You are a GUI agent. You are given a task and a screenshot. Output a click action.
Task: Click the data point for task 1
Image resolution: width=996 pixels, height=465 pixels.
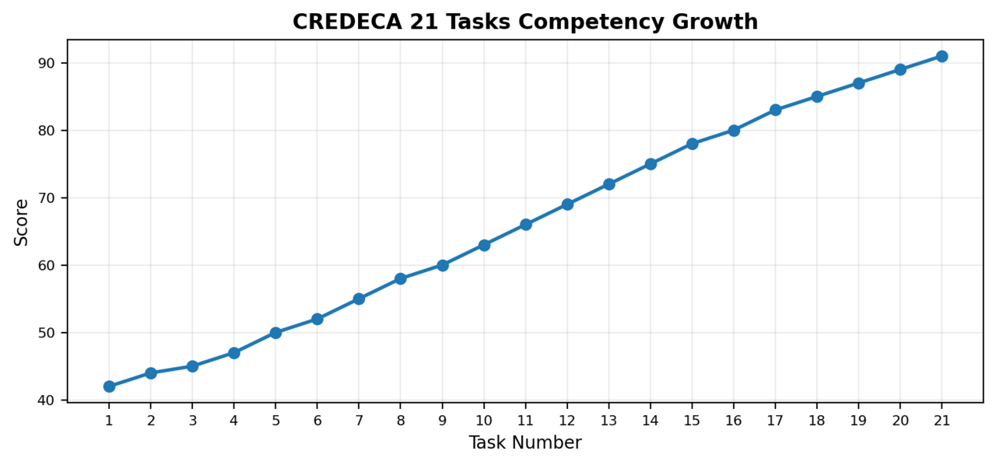(109, 386)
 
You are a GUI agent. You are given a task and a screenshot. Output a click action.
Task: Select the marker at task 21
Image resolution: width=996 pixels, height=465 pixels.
(942, 56)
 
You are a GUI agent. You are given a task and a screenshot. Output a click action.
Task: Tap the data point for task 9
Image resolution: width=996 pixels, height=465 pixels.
(442, 265)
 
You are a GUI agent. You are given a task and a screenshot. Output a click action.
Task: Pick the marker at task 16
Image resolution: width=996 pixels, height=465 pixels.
(734, 131)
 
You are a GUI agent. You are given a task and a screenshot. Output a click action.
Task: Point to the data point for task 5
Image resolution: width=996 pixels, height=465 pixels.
(275, 333)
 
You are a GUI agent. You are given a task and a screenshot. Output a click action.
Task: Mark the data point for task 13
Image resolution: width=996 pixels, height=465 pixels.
(608, 184)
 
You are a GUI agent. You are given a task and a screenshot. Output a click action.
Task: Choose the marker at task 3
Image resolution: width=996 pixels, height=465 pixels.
(192, 366)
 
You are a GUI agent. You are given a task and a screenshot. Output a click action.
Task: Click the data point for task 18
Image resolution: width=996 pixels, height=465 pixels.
(817, 96)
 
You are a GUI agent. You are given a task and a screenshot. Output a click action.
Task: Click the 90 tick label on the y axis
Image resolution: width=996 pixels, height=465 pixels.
(47, 63)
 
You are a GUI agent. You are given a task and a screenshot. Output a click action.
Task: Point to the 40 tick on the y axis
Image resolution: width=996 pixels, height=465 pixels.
(47, 400)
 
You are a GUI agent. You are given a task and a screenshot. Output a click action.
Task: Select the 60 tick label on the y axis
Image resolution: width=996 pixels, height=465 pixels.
(47, 265)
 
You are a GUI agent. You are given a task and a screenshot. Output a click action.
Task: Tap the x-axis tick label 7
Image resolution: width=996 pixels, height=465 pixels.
(359, 421)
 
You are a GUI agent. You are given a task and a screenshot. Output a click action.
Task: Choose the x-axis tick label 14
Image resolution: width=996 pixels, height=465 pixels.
(651, 421)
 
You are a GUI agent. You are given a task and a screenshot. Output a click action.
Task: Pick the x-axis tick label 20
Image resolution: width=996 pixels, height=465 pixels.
(900, 421)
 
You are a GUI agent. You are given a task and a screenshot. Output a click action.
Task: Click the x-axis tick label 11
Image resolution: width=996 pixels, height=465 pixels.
(525, 421)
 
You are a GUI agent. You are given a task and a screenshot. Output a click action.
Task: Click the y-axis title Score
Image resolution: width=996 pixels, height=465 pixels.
(22, 222)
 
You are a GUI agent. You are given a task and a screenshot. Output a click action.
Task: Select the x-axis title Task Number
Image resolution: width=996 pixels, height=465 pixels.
(525, 443)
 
